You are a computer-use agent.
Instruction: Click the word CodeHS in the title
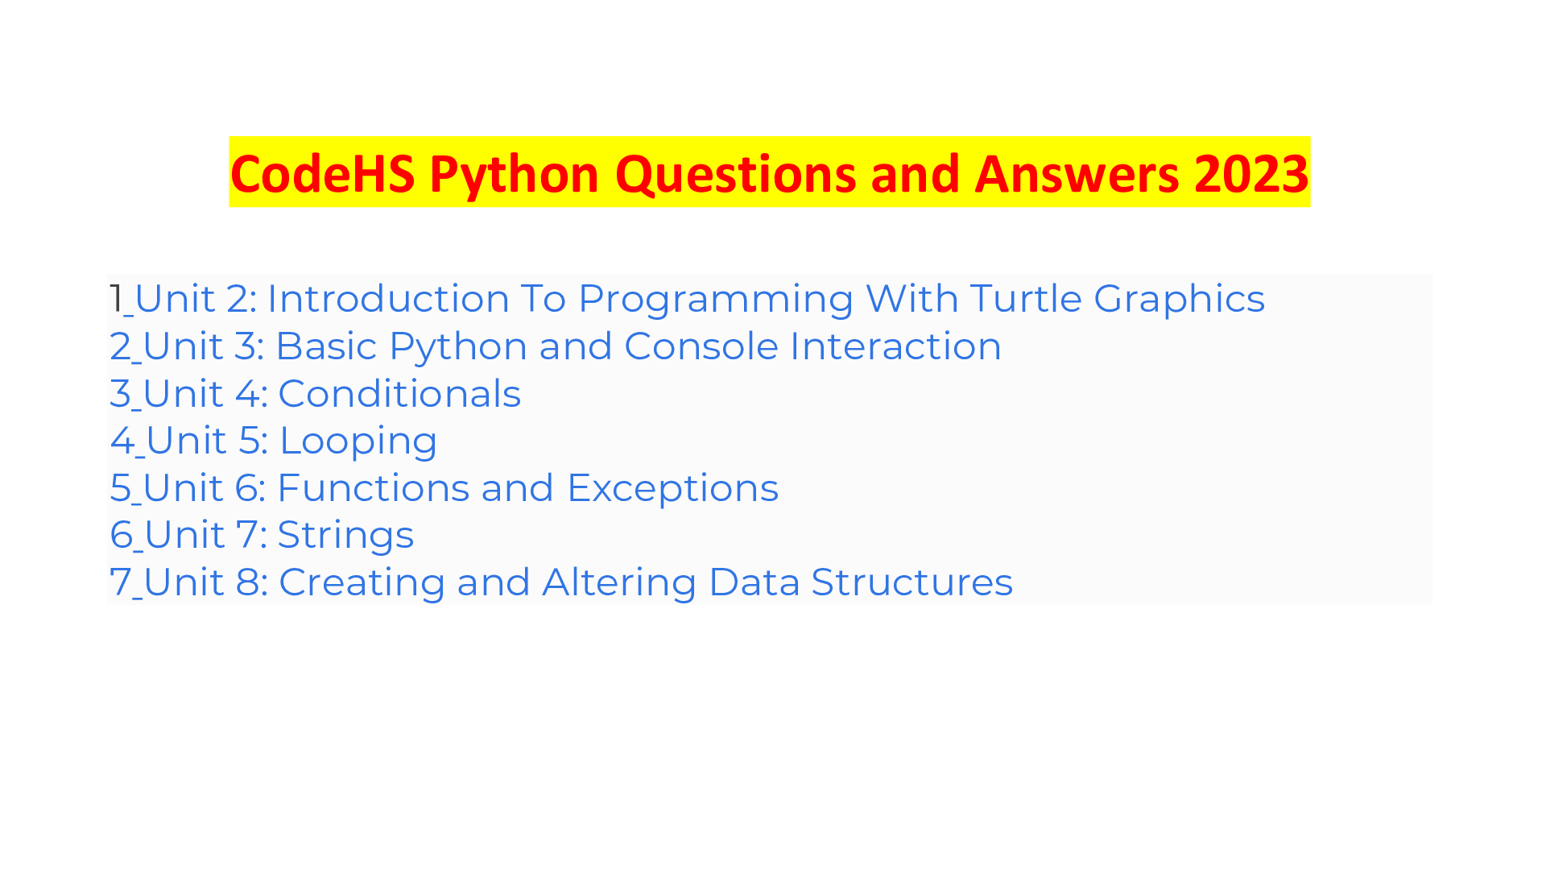323,174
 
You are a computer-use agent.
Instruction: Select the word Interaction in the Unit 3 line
895,346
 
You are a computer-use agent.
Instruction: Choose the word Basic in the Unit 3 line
326,346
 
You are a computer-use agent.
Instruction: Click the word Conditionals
399,394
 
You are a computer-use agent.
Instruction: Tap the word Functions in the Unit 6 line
373,488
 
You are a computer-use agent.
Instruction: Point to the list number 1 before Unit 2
116,299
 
